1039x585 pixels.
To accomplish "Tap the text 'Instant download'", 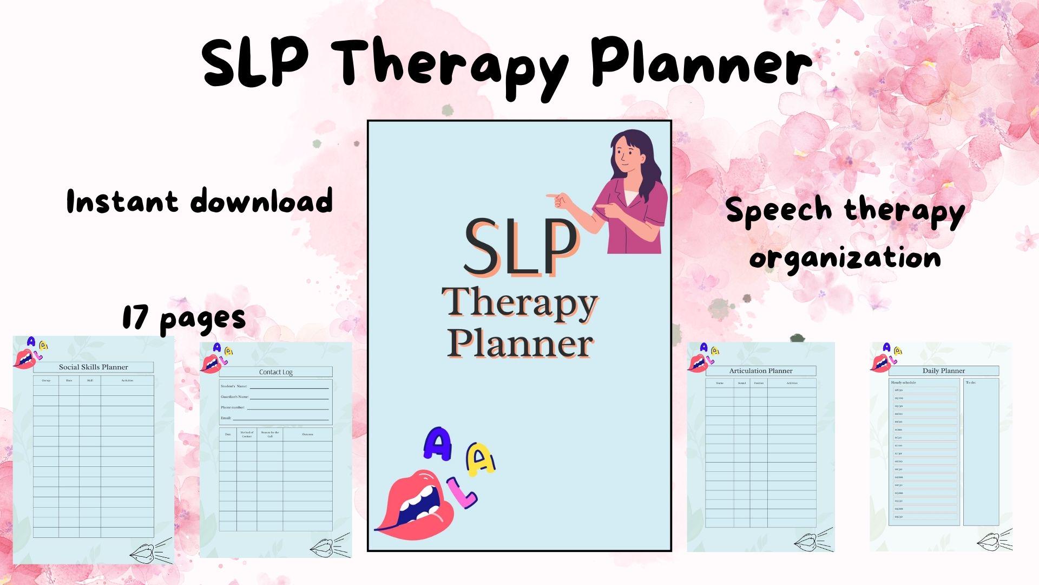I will click(x=199, y=201).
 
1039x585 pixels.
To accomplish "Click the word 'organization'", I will click(x=845, y=258).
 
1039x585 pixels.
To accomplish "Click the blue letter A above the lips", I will click(x=438, y=444).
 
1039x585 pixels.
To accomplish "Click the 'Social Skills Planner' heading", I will click(x=93, y=367).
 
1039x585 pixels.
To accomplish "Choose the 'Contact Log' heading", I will click(x=275, y=372).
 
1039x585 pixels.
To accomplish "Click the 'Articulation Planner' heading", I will click(x=760, y=371).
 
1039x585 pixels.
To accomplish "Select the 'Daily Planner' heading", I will click(x=943, y=371).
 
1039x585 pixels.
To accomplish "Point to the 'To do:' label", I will click(x=971, y=383).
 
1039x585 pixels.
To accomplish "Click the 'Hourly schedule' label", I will click(x=903, y=383).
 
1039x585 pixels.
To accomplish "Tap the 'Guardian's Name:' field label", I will click(x=234, y=397).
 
